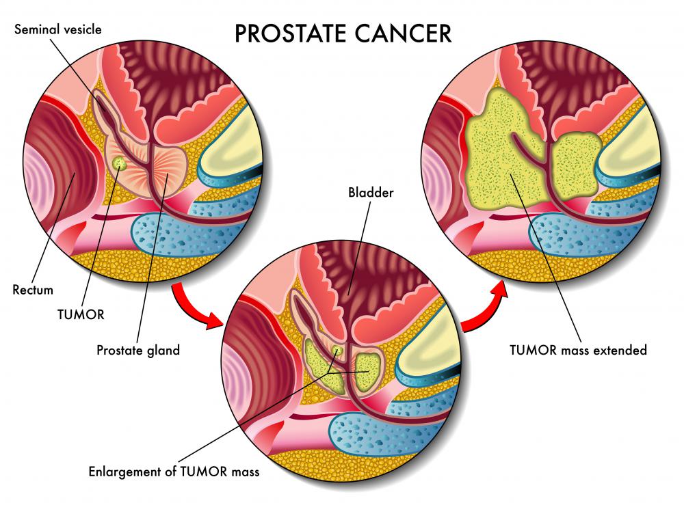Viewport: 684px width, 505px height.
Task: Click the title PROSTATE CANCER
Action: click(343, 33)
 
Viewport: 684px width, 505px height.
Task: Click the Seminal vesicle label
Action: click(58, 29)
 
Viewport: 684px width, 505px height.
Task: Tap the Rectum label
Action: click(33, 290)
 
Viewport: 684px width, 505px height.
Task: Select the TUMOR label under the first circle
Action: click(81, 314)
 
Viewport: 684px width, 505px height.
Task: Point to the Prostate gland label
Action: click(138, 351)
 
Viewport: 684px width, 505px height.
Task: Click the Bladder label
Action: click(371, 192)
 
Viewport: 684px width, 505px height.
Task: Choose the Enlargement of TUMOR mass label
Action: click(174, 472)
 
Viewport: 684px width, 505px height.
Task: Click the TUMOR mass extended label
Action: click(579, 350)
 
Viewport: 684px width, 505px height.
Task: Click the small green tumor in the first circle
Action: click(118, 163)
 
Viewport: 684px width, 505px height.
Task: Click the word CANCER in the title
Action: click(403, 33)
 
